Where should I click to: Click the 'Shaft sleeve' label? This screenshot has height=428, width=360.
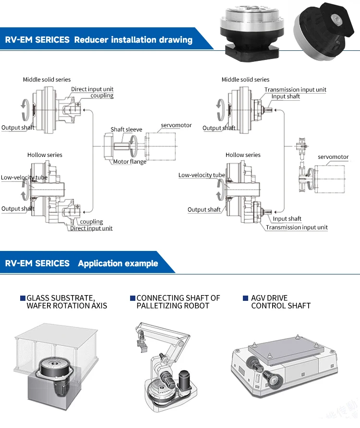pos(126,130)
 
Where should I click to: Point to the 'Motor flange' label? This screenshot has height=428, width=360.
pos(130,162)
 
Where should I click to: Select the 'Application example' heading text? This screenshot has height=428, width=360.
pos(118,263)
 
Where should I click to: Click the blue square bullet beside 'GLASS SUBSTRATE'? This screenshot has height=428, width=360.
pos(23,298)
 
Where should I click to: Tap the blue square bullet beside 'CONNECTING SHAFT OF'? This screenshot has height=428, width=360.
pos(132,298)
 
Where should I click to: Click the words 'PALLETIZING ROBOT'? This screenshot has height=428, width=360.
pos(173,306)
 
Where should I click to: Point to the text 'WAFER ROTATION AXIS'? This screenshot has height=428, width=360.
pos(67,306)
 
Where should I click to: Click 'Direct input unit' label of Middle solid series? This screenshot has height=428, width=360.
pos(92,89)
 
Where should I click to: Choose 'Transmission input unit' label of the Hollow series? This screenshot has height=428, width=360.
pos(297,227)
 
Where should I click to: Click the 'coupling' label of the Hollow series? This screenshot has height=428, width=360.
pos(91,222)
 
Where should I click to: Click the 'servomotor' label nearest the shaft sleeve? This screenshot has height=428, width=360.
pos(176,125)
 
